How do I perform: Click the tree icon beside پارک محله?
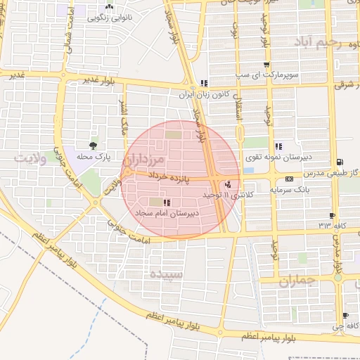pos(91,145)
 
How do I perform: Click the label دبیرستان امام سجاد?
pos(176,211)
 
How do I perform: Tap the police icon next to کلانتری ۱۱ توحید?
pos(226,185)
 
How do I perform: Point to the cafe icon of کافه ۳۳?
pos(333,215)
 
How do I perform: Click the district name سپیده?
pos(167,274)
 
